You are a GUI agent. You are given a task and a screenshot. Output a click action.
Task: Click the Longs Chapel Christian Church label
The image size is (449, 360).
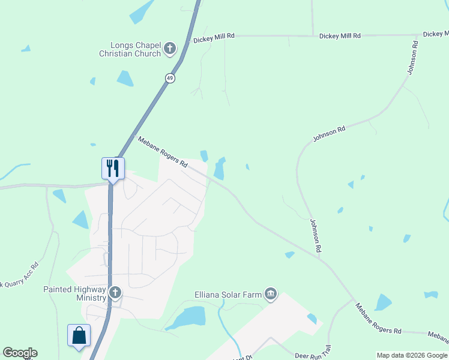click(x=131, y=49)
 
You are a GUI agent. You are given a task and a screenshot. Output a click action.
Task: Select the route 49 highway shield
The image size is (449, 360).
click(x=170, y=79)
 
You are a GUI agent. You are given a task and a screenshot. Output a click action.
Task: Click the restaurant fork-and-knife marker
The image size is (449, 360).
click(x=113, y=168)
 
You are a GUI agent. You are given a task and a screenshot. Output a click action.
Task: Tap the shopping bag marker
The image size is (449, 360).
click(x=79, y=335)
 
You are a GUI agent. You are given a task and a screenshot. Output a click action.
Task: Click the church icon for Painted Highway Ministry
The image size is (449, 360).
click(x=115, y=293)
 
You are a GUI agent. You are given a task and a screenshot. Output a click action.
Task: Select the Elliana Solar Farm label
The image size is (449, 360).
click(x=229, y=295)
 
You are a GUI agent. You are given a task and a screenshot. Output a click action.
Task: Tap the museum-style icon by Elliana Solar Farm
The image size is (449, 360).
click(x=271, y=293)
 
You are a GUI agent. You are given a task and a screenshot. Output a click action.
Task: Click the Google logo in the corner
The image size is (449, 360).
click(x=20, y=353)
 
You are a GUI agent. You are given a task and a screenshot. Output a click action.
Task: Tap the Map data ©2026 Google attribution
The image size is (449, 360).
click(x=411, y=355)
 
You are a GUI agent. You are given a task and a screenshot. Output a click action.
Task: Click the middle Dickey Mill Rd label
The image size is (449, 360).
click(x=340, y=36)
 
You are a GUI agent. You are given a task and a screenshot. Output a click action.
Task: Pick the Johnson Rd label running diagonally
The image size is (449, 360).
click(x=329, y=134)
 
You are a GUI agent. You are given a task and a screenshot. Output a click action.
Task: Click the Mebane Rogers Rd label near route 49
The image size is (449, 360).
click(x=163, y=151)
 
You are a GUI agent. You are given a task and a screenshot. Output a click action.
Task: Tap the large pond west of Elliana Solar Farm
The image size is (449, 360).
click(x=187, y=317)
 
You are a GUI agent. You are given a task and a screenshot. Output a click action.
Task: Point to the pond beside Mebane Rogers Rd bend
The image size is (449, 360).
click(x=220, y=168)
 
